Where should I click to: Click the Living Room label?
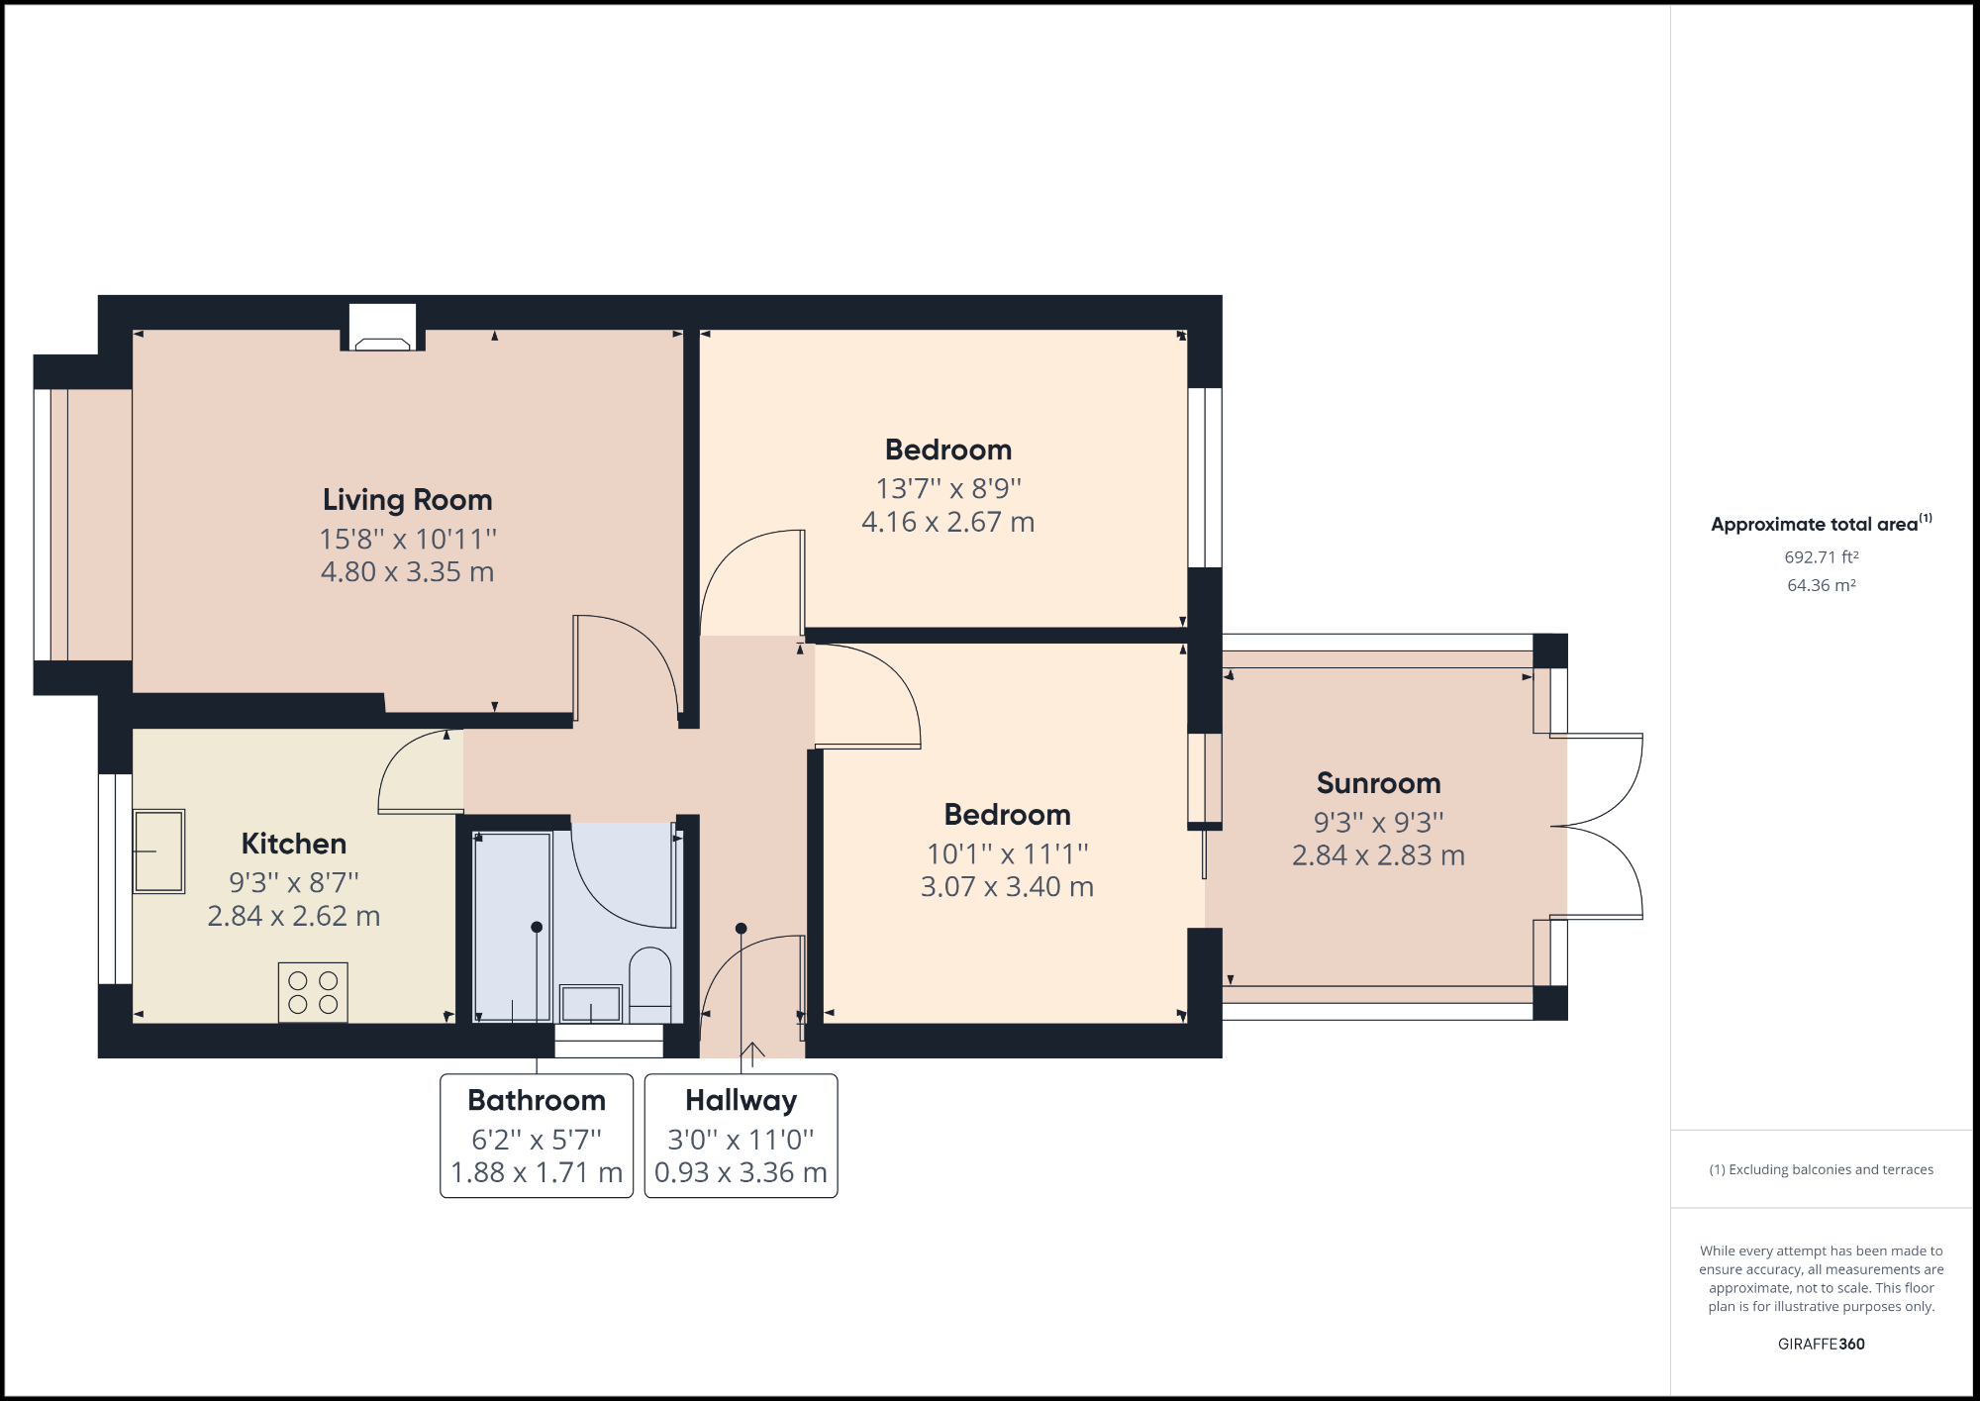point(407,500)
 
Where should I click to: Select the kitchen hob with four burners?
point(313,992)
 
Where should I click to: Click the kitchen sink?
point(158,851)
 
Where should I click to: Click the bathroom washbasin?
point(591,1004)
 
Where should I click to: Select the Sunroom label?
point(1378,783)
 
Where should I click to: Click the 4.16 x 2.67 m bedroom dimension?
point(947,522)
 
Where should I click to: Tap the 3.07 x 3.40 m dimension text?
point(1007,886)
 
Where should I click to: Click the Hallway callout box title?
point(741,1100)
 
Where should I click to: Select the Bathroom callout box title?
point(537,1100)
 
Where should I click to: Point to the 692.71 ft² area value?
point(1821,557)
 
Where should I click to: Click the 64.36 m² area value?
point(1821,585)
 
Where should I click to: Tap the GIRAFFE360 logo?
point(1821,1344)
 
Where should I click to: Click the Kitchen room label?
point(294,844)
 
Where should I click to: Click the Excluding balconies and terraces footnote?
point(1821,1169)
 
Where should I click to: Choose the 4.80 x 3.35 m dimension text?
point(407,572)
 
